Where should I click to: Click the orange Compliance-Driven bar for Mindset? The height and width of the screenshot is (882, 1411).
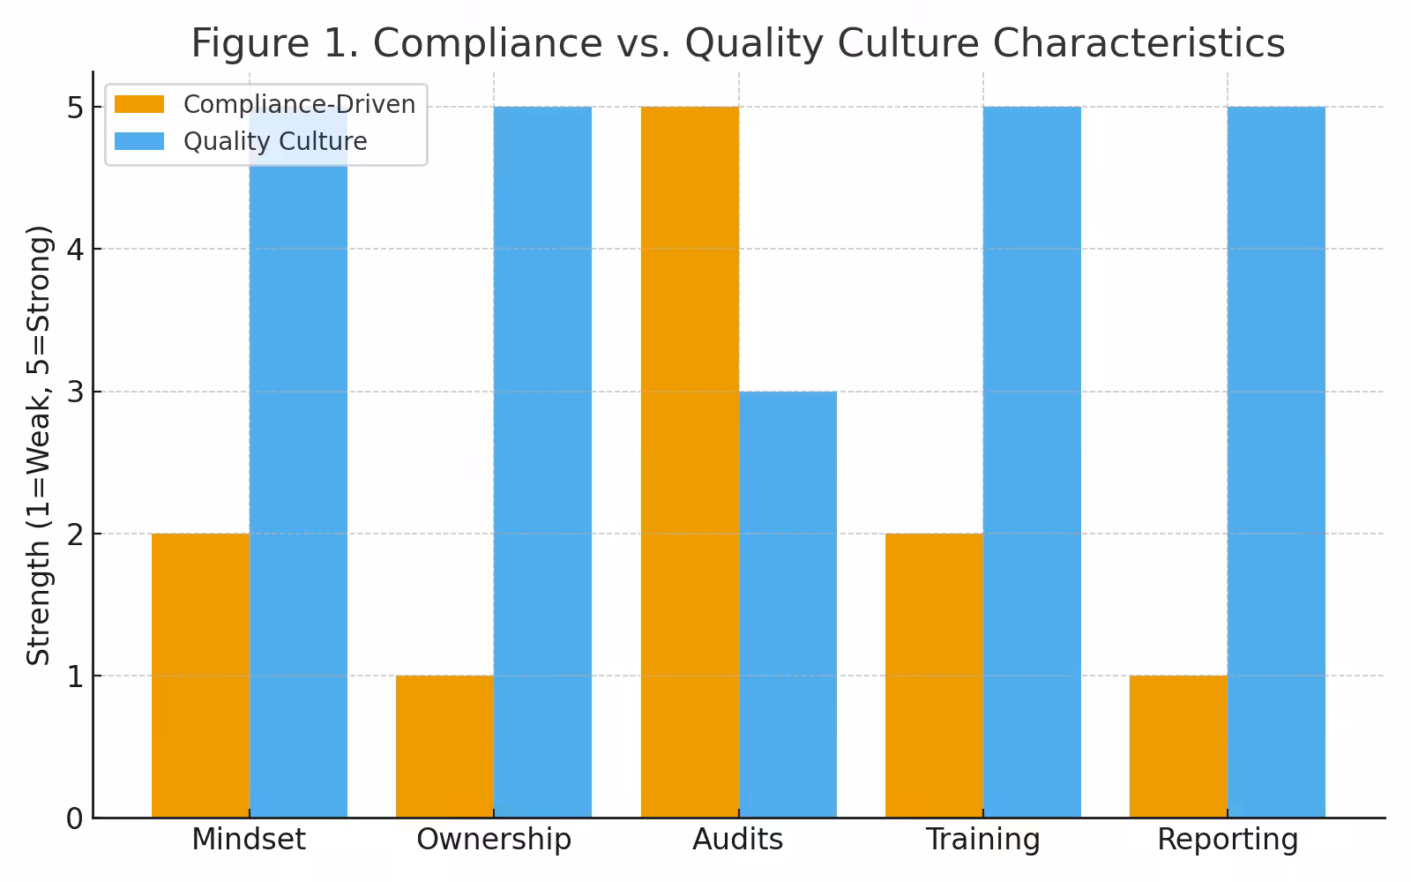coord(200,676)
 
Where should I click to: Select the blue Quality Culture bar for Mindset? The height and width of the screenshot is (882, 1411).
coord(298,494)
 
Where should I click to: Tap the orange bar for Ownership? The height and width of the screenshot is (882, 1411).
coord(444,746)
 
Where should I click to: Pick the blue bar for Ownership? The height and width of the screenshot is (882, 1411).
coord(542,462)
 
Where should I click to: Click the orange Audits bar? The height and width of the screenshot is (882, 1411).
coord(690,462)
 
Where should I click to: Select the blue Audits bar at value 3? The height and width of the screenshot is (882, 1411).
coord(788,604)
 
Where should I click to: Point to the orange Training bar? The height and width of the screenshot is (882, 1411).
coord(934,676)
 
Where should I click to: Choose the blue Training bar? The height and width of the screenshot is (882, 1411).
coord(1032,462)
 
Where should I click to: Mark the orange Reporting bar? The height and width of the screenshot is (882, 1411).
coord(1178,746)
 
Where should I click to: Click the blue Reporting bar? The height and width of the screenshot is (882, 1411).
coord(1276,462)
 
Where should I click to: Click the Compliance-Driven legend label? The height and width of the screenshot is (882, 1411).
coord(299,104)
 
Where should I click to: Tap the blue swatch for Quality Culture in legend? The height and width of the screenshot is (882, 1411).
coord(139,141)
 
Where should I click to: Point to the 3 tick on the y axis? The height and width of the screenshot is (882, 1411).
coord(74,392)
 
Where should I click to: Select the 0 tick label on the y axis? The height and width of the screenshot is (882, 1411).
coord(74,818)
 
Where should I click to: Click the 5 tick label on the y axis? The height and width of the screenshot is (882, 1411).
coord(74,108)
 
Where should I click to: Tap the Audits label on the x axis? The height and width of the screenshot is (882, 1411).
coord(738,840)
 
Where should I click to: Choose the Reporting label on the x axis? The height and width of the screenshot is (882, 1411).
coord(1228,840)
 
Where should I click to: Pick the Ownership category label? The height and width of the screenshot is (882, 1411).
coord(494,840)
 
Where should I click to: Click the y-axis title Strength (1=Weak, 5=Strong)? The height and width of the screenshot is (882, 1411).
coord(39,445)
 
